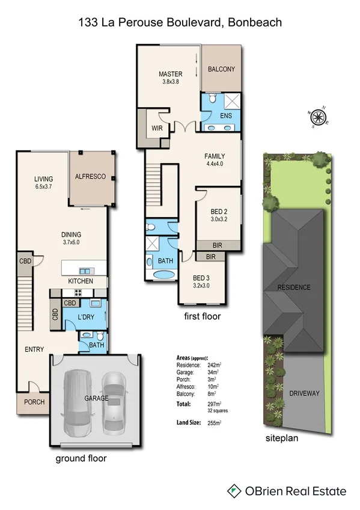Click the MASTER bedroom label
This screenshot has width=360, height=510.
[170, 74]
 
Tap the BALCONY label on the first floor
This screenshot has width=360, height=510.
[221, 69]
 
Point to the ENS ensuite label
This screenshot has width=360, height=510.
[225, 115]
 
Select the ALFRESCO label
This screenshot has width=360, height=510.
[90, 177]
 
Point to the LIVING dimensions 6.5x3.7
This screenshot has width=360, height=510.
[43, 187]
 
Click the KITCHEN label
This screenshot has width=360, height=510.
[80, 281]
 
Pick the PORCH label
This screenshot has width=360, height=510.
[34, 402]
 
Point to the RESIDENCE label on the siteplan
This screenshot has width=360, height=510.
[294, 287]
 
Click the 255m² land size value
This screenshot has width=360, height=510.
[215, 424]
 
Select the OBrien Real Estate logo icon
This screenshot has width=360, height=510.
[234, 491]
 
